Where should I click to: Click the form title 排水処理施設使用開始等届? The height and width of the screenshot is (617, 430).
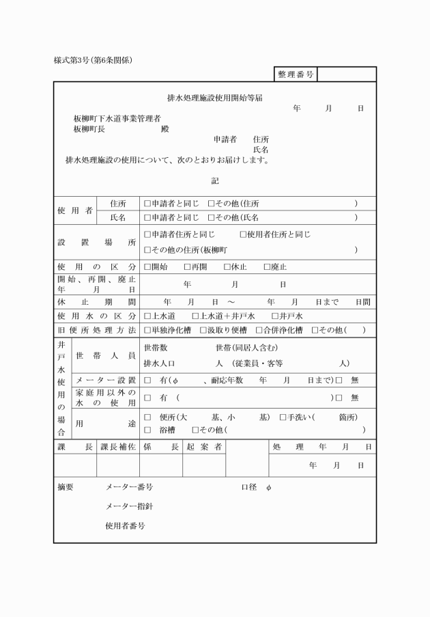click(215, 98)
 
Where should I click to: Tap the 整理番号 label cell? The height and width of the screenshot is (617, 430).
click(296, 74)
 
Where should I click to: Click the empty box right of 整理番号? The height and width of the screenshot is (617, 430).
click(346, 74)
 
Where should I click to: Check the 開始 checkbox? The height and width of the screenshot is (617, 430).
click(147, 267)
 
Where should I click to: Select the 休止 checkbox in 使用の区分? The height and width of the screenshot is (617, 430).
click(227, 267)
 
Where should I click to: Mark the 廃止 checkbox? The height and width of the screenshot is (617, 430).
click(267, 267)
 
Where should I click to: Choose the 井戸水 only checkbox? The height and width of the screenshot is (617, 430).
click(274, 316)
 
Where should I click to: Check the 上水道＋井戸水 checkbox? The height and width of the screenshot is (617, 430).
click(195, 316)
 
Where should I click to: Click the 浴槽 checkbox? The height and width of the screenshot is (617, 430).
click(147, 430)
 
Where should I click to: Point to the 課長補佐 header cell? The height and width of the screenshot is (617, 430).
click(118, 447)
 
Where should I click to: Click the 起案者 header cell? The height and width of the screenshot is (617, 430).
click(203, 447)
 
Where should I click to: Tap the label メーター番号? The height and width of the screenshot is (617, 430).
click(129, 488)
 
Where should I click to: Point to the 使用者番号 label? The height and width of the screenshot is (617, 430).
click(125, 526)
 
